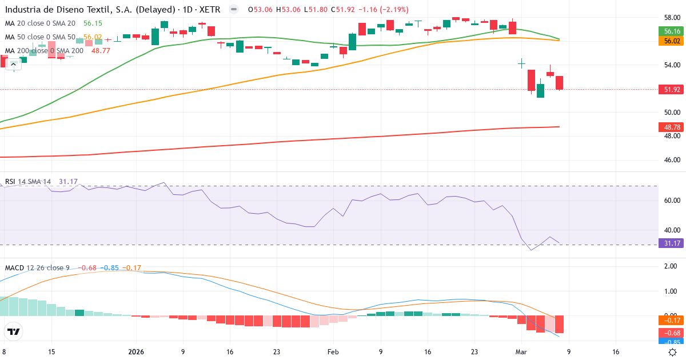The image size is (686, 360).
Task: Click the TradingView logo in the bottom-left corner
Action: pyautogui.click(x=14, y=331)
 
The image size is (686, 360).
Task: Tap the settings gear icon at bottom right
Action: pyautogui.click(x=673, y=353)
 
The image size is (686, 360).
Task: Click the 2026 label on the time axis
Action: pyautogui.click(x=136, y=353)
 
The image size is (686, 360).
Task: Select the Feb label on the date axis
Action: pyautogui.click(x=334, y=353)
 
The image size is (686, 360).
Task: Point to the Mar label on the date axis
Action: pyautogui.click(x=521, y=353)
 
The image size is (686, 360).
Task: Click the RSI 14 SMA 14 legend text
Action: pyautogui.click(x=27, y=182)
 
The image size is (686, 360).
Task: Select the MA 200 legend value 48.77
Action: pyautogui.click(x=101, y=51)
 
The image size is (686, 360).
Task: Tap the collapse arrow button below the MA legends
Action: pyautogui.click(x=14, y=64)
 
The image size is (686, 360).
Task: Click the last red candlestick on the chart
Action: pyautogui.click(x=559, y=82)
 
